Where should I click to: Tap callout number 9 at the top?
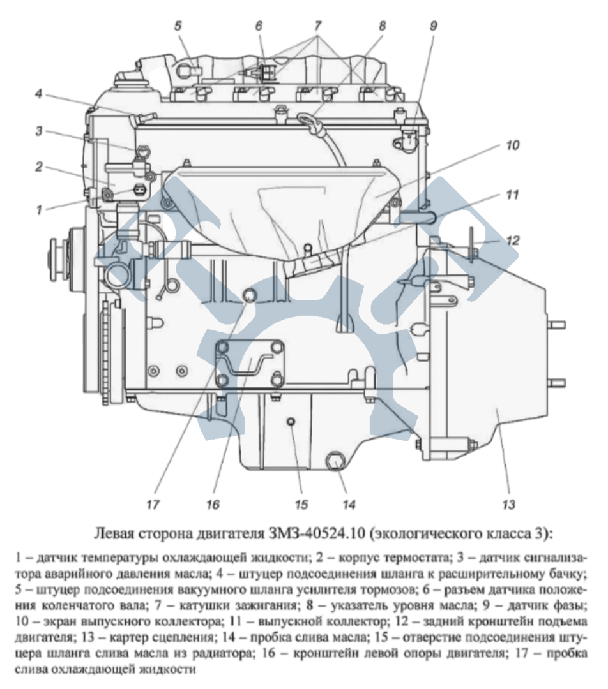click(x=433, y=26)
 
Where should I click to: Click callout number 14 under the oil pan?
click(x=348, y=505)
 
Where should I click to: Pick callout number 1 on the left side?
click(x=40, y=208)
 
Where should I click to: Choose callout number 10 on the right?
click(x=513, y=145)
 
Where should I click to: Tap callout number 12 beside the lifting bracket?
click(x=513, y=241)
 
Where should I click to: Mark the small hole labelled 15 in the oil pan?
click(x=291, y=422)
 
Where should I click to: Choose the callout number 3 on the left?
click(x=40, y=131)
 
